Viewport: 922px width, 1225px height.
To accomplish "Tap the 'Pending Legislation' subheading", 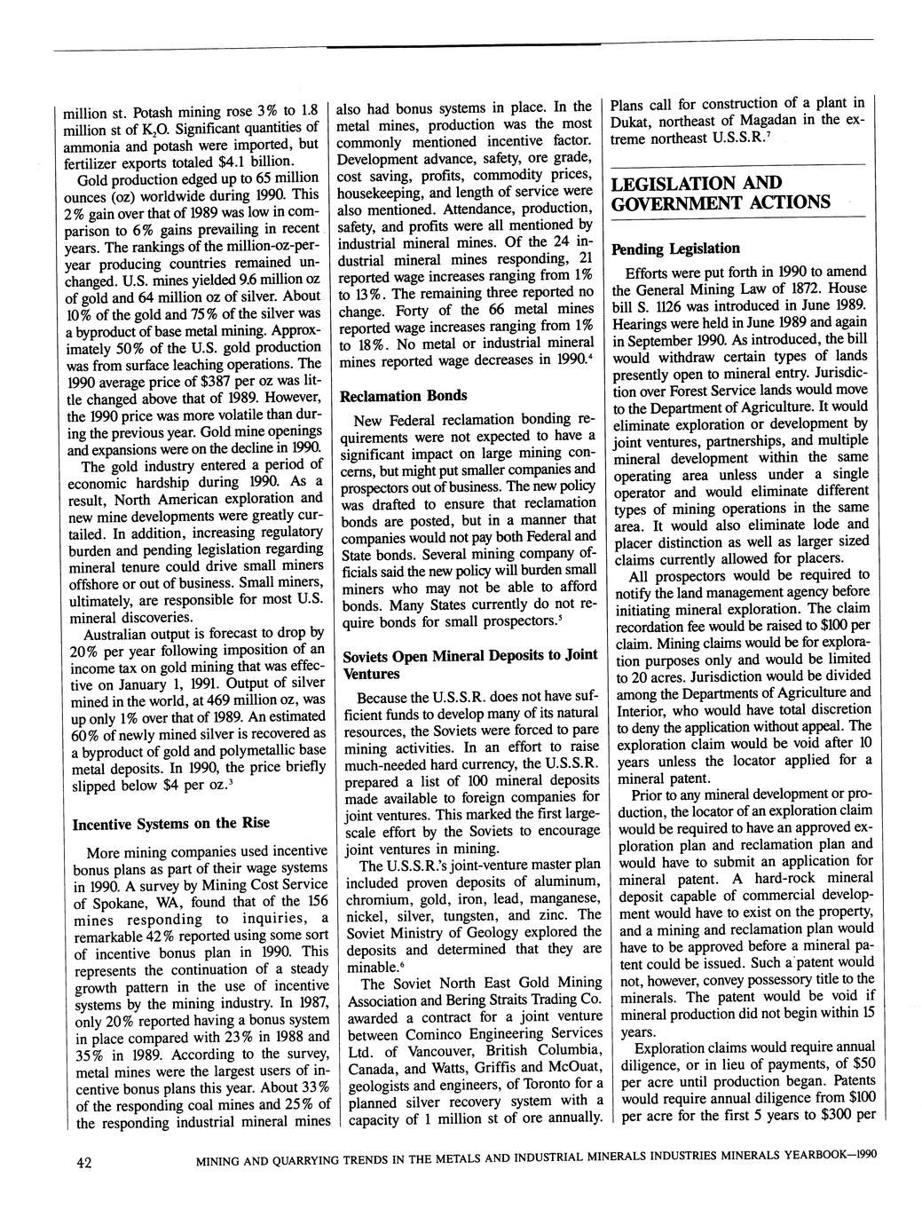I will (675, 248).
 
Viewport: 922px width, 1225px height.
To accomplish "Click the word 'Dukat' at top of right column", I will (631, 120).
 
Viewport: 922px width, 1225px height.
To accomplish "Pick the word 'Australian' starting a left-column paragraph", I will (116, 635).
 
